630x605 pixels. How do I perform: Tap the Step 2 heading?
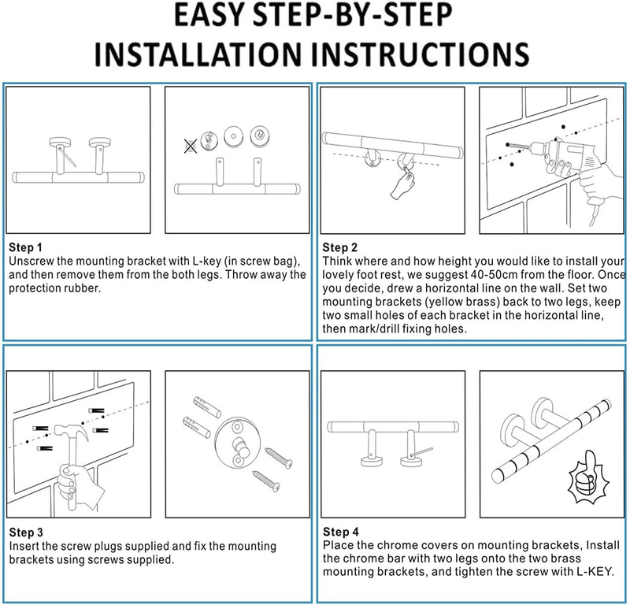tap(340, 247)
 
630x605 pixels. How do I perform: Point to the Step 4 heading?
tap(340, 533)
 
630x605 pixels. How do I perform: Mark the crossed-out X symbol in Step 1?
tap(190, 144)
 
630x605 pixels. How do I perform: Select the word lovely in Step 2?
tap(340, 274)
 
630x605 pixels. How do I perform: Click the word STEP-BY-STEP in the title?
tap(370, 17)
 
